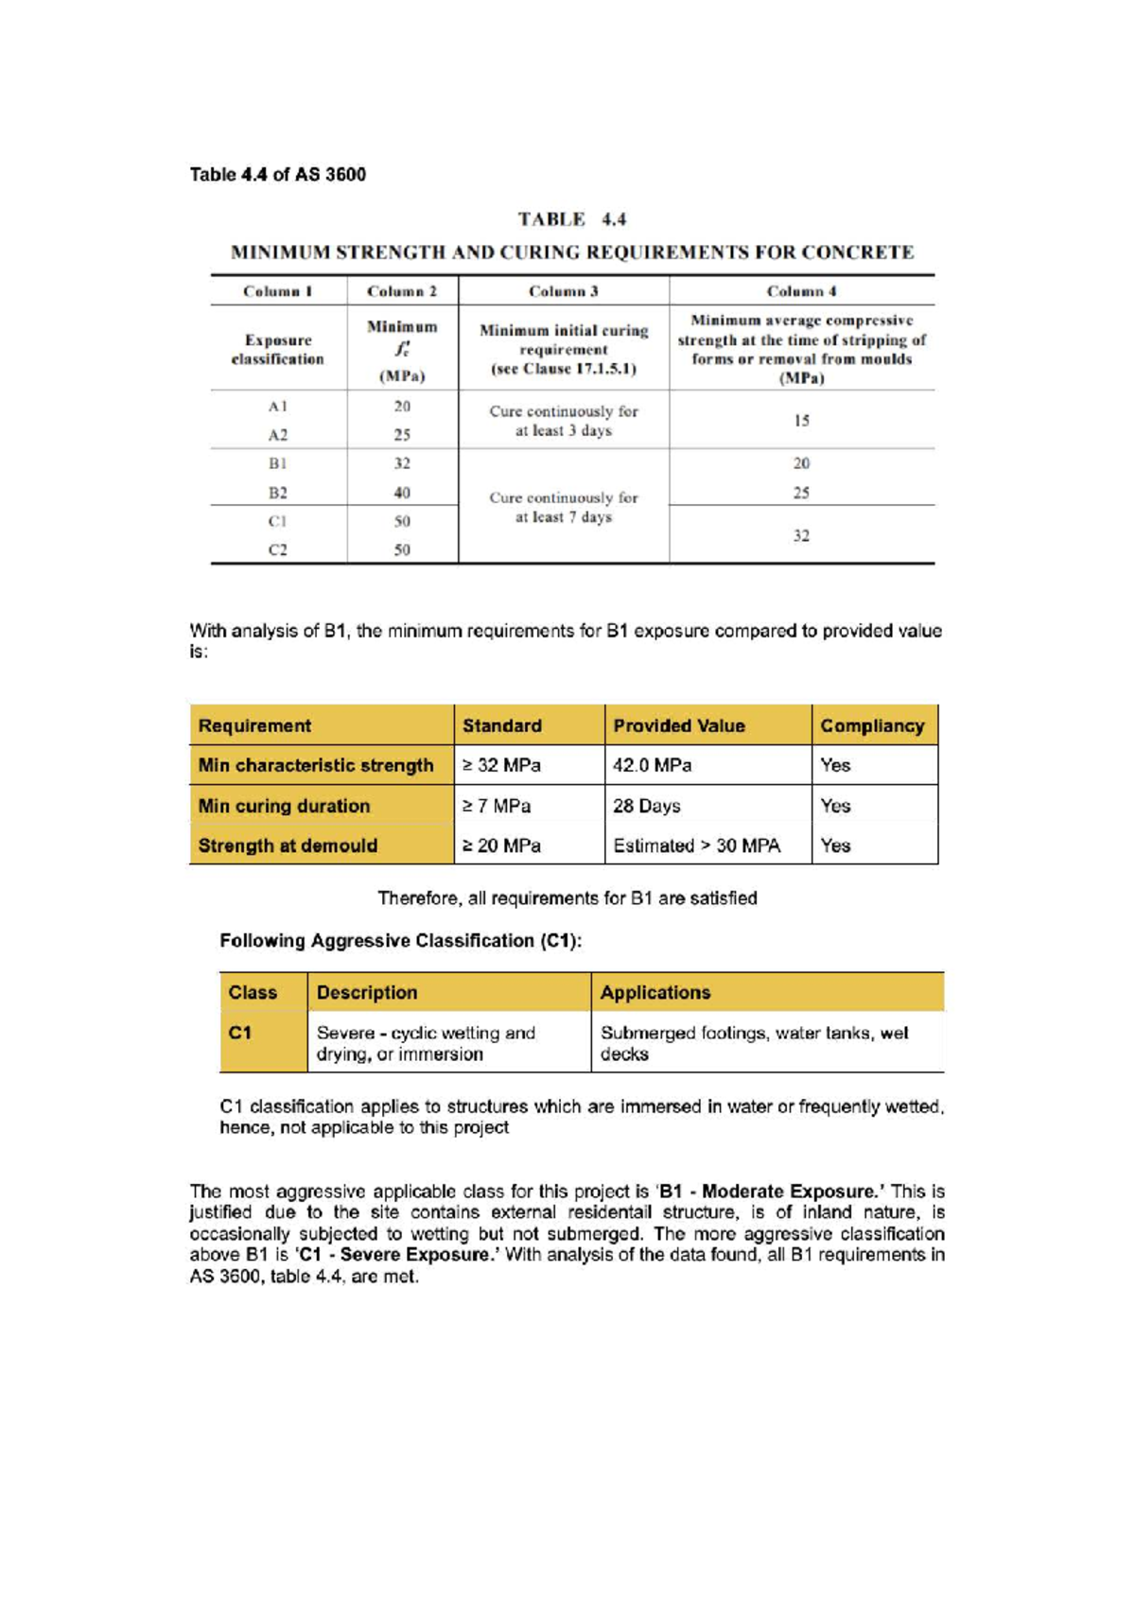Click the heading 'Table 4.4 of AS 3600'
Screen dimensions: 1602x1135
[x=277, y=174]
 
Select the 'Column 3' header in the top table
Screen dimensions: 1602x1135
[x=563, y=291]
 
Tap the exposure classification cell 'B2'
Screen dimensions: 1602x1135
[x=277, y=493]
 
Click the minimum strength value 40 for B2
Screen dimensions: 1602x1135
[x=402, y=493]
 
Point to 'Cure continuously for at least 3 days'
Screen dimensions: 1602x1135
[x=563, y=421]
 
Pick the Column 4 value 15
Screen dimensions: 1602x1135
[x=801, y=421]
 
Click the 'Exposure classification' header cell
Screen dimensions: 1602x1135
[x=277, y=349]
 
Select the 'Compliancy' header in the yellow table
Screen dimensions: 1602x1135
[x=872, y=725]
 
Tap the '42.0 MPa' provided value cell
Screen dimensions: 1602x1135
[x=653, y=765]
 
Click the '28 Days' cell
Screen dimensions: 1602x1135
[x=647, y=806]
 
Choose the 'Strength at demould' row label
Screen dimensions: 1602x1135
[x=288, y=845]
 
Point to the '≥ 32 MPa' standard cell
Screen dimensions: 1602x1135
[x=501, y=765]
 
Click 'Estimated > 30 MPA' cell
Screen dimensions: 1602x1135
[x=697, y=845]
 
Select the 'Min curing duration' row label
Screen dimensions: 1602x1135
[x=284, y=806]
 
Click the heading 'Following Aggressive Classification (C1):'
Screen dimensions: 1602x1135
[x=401, y=941]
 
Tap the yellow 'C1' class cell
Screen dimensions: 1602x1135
[x=262, y=1041]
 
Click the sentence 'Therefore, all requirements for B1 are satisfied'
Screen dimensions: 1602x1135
[x=567, y=898]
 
